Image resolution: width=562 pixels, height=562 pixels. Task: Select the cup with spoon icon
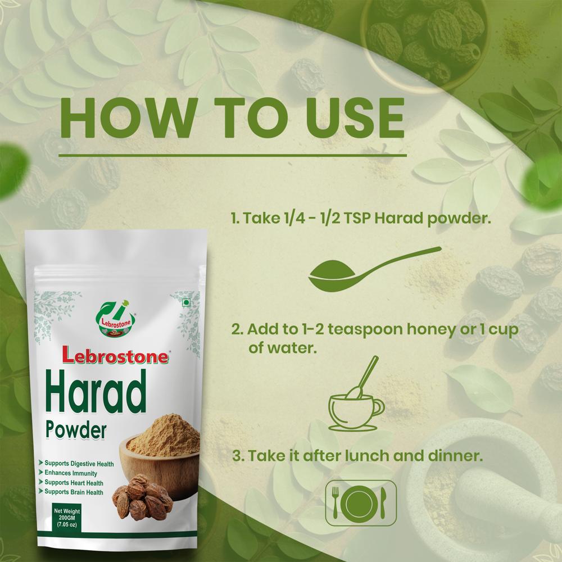tap(356, 400)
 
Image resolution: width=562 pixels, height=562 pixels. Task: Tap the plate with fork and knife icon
tap(361, 502)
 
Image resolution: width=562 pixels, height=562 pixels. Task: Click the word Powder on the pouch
tap(76, 431)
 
